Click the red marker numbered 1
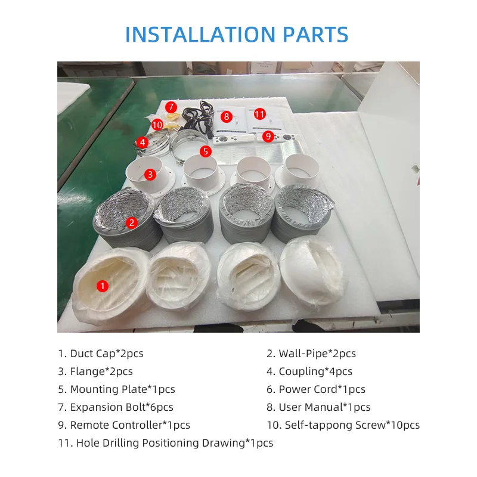(x=102, y=286)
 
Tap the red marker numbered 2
(x=131, y=222)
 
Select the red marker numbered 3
(x=150, y=175)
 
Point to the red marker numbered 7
(x=171, y=107)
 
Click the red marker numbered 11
(x=259, y=114)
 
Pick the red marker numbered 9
(x=268, y=136)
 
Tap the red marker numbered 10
(x=157, y=125)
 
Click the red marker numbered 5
(x=206, y=151)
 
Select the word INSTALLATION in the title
(x=200, y=34)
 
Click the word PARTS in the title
(x=315, y=34)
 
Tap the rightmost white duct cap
(x=312, y=270)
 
